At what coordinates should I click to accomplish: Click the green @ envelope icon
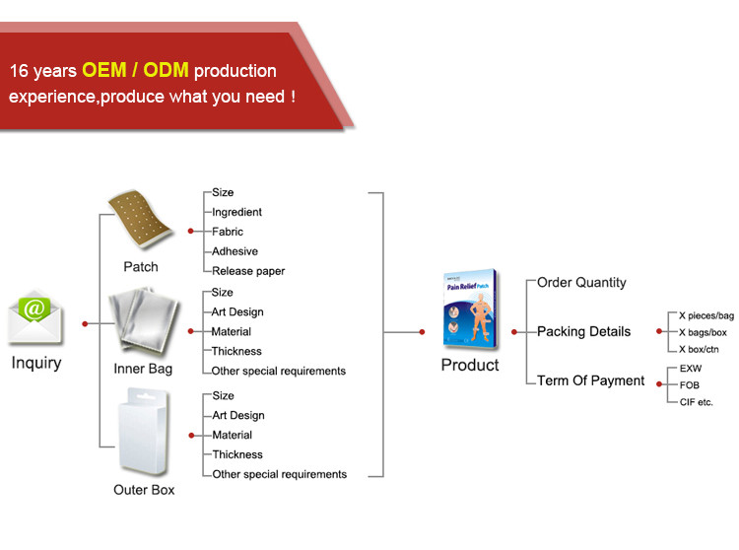point(34,315)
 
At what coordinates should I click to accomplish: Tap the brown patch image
point(140,218)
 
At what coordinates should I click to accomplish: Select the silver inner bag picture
point(144,321)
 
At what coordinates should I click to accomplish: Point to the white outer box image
point(143,431)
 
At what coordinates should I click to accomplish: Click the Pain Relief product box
point(470,309)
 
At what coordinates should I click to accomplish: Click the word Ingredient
point(236,212)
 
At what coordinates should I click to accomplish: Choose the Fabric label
point(228,232)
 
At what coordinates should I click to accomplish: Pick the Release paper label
point(248,271)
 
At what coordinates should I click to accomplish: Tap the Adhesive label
point(235,251)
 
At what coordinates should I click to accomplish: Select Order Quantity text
point(581,282)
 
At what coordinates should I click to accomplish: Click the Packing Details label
point(583,331)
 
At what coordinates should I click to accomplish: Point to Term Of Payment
point(590,380)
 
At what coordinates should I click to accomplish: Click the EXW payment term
point(691,369)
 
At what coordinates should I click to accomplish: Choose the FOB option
point(690,385)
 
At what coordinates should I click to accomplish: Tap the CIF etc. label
point(696,402)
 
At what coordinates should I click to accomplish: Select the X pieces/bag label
point(706,315)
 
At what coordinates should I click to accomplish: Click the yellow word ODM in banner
point(166,70)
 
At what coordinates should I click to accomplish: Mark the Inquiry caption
point(36,363)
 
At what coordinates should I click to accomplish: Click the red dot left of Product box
point(422,332)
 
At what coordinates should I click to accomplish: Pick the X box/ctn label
point(699,349)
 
